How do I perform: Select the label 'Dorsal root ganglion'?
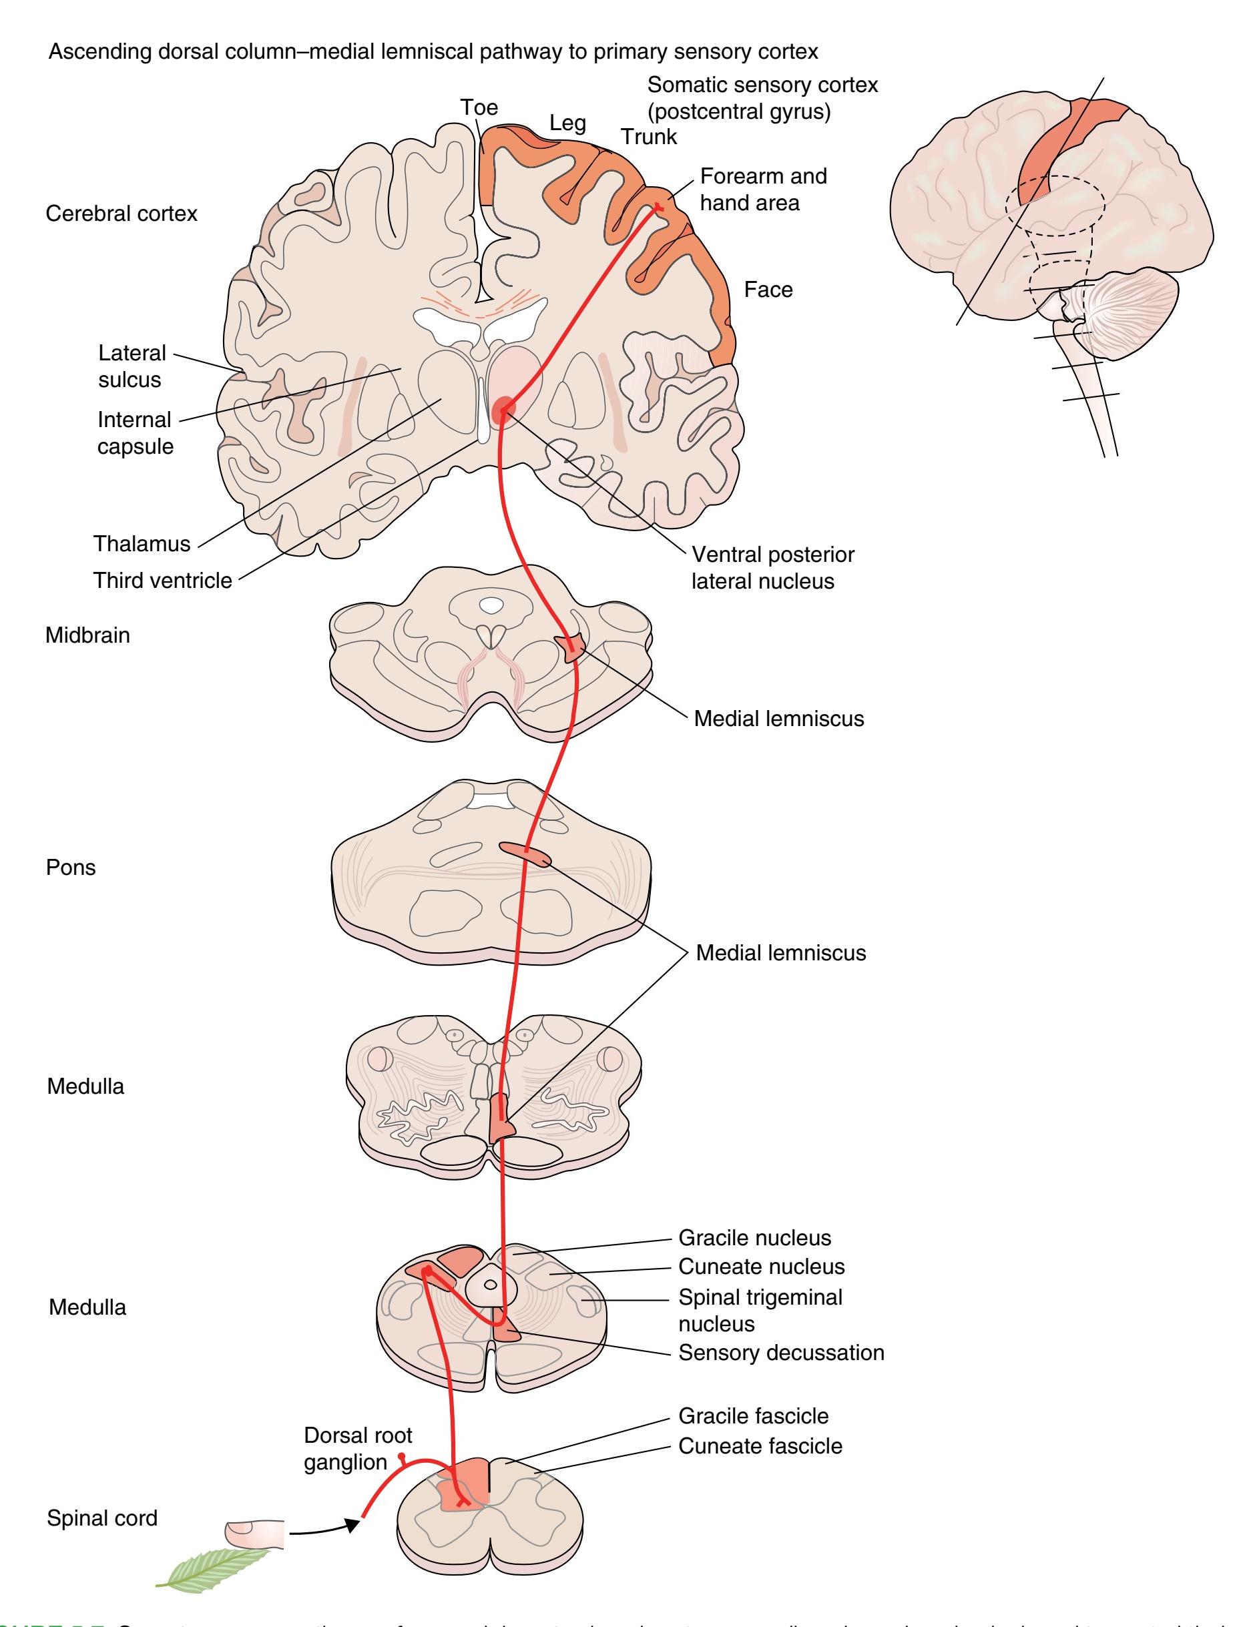point(357,1448)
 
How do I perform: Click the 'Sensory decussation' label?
point(780,1352)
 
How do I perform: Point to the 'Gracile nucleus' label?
point(754,1237)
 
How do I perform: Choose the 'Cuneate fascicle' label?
point(760,1446)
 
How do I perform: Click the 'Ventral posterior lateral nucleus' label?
point(772,568)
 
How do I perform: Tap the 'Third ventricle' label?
point(162,581)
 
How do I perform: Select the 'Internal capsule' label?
point(135,433)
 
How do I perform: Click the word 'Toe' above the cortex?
point(479,107)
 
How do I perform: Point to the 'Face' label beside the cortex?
point(768,289)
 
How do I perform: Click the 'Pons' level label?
point(71,867)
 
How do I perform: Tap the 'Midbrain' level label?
point(87,635)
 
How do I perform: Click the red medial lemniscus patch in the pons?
point(525,853)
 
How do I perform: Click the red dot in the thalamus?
point(504,408)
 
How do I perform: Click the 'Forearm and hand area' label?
point(762,190)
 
